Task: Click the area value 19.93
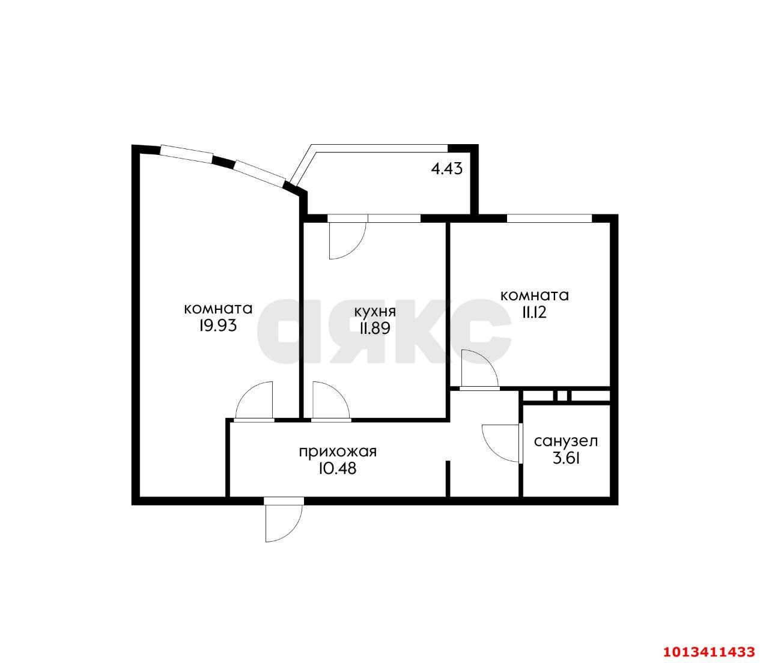coord(218,326)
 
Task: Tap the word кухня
coord(375,312)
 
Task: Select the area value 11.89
coord(375,328)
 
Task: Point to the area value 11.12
coord(534,312)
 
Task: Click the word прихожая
coord(338,452)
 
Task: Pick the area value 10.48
coord(338,469)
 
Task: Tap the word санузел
coord(566,441)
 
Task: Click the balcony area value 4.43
coord(447,169)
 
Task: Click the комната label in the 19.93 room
coord(219,309)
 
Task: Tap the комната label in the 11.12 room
coord(535,295)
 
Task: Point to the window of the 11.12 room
coord(549,218)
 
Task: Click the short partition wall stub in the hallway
coord(448,479)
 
